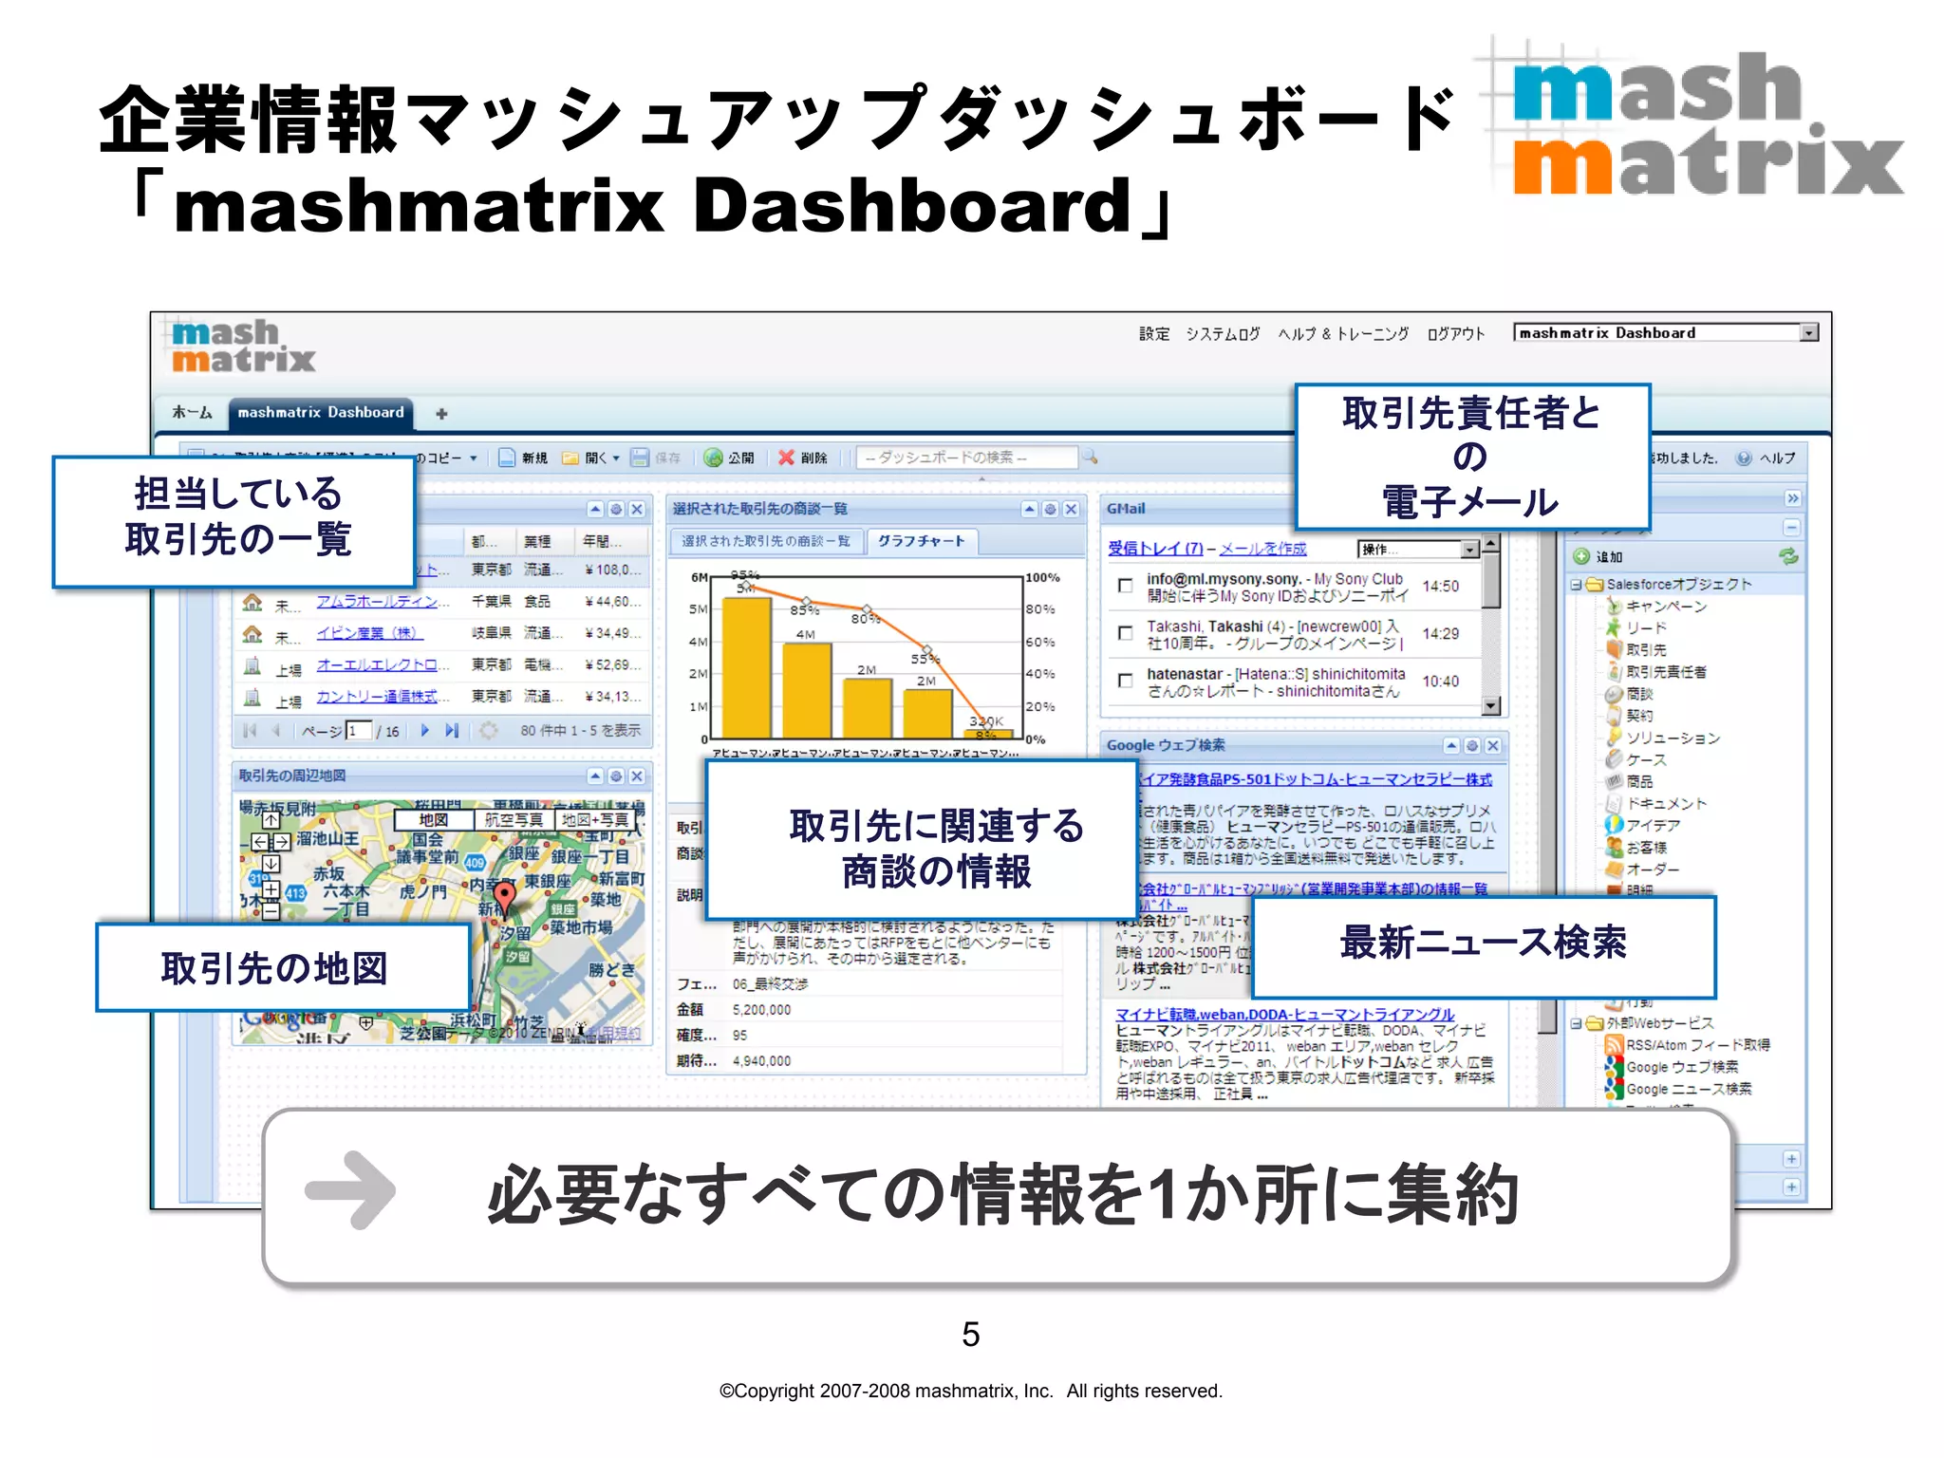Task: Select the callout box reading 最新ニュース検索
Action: (x=1483, y=944)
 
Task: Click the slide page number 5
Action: (x=970, y=1335)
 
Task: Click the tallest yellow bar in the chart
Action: (x=746, y=664)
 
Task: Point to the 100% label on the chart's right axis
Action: (x=1042, y=577)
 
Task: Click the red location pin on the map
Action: (x=505, y=893)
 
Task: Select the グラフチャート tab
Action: (x=921, y=541)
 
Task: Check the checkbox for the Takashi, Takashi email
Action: (x=1125, y=633)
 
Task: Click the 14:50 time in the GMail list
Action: (x=1440, y=587)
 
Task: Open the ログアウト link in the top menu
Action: (x=1455, y=333)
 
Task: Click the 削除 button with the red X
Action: (x=803, y=458)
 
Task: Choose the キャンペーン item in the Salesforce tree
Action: (x=1666, y=607)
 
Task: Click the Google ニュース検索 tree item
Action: (x=1688, y=1089)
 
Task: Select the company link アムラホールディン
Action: (x=376, y=602)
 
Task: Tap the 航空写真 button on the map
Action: (x=514, y=819)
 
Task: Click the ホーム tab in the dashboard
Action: (x=192, y=412)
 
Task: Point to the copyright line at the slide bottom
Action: (x=970, y=1391)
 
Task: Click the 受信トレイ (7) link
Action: (x=1154, y=549)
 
